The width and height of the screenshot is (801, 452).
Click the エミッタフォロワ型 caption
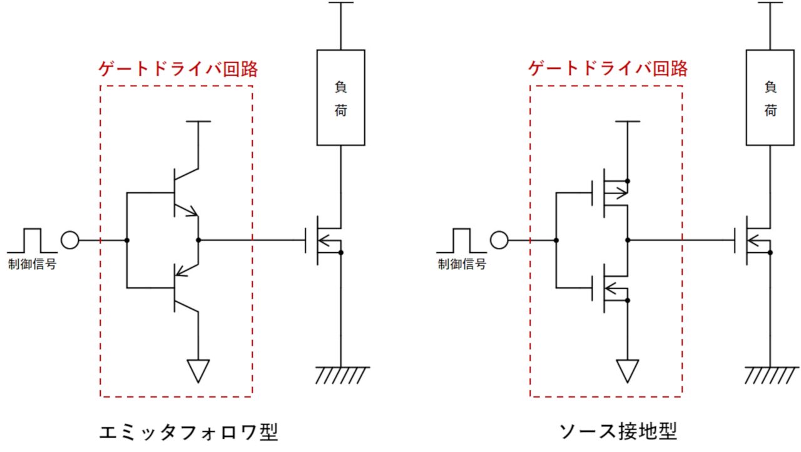(x=188, y=433)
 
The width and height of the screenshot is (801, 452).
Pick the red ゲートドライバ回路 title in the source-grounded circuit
(x=608, y=68)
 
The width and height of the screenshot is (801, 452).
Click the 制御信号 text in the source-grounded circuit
(x=462, y=264)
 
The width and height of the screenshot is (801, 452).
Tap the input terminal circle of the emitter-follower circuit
(x=71, y=240)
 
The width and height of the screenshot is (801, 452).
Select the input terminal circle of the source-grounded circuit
(x=499, y=240)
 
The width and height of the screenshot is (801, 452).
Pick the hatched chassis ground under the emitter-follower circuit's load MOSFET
(x=341, y=374)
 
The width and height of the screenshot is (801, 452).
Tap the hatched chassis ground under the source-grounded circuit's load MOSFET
(x=771, y=374)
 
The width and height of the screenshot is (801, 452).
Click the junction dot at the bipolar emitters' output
(x=198, y=240)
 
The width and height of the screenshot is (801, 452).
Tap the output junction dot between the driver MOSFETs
(x=628, y=240)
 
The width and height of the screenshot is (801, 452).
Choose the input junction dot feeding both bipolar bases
(x=127, y=240)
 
